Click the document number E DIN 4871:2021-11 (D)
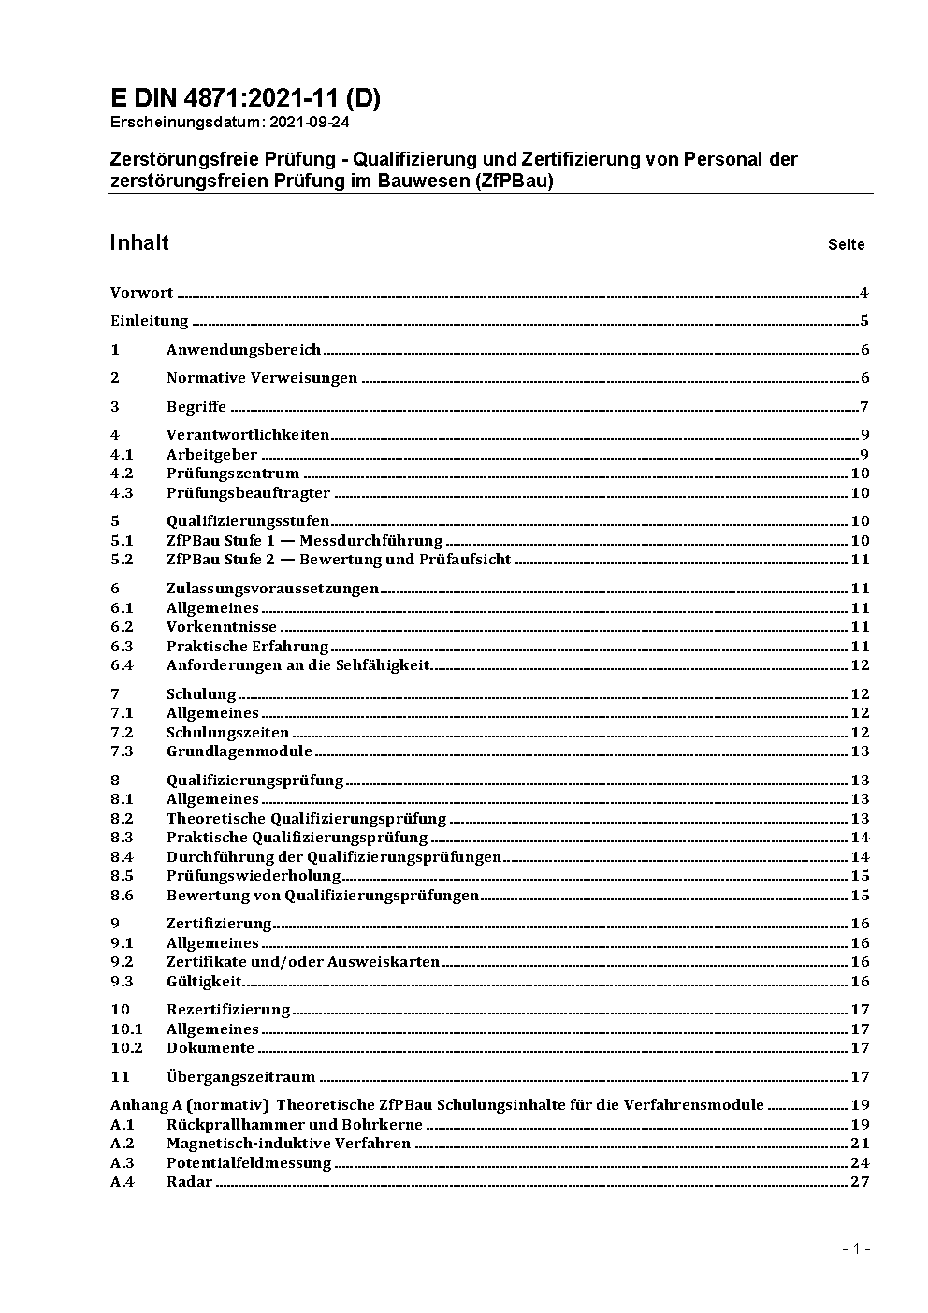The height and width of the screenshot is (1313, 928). click(245, 98)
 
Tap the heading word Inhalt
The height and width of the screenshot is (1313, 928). click(139, 243)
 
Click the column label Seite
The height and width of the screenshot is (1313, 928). click(846, 245)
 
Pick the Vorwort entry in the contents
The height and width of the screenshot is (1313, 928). click(141, 293)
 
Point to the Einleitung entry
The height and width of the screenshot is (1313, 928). click(150, 321)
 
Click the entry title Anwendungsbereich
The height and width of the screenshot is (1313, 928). click(243, 350)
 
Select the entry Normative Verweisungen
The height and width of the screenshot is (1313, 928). click(262, 378)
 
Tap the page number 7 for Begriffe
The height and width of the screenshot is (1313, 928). click(864, 406)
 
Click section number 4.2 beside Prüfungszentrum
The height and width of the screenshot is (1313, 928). click(122, 474)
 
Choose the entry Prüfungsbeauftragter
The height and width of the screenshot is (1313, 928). click(248, 493)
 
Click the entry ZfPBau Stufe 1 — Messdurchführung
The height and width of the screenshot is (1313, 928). click(304, 541)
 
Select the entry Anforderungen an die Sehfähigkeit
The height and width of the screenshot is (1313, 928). click(297, 665)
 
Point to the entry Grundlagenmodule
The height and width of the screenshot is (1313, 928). click(239, 751)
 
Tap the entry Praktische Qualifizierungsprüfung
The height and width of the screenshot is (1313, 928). click(297, 838)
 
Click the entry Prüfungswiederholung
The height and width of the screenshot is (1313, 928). click(254, 876)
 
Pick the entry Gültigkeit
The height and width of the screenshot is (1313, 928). click(204, 982)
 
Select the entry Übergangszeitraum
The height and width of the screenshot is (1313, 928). click(240, 1077)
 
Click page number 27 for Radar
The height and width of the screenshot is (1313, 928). click(860, 1182)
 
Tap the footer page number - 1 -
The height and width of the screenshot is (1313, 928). click(856, 1249)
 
